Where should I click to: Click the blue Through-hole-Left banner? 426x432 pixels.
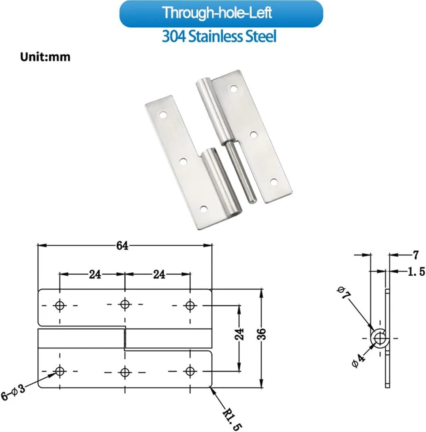click(221, 13)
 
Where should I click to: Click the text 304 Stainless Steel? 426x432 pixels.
click(219, 37)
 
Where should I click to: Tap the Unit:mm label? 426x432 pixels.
click(45, 57)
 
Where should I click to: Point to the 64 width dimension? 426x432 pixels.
click(122, 246)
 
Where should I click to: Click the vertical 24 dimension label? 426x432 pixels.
click(239, 334)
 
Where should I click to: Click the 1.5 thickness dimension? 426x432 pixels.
click(416, 271)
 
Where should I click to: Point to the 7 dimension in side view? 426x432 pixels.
click(415, 255)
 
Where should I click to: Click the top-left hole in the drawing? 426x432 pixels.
click(60, 305)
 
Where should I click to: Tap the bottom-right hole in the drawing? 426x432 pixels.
click(190, 371)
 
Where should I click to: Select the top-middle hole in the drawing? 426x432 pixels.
click(125, 304)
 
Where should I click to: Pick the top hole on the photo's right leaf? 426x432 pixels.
click(233, 88)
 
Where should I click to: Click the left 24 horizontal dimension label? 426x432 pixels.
click(95, 274)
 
